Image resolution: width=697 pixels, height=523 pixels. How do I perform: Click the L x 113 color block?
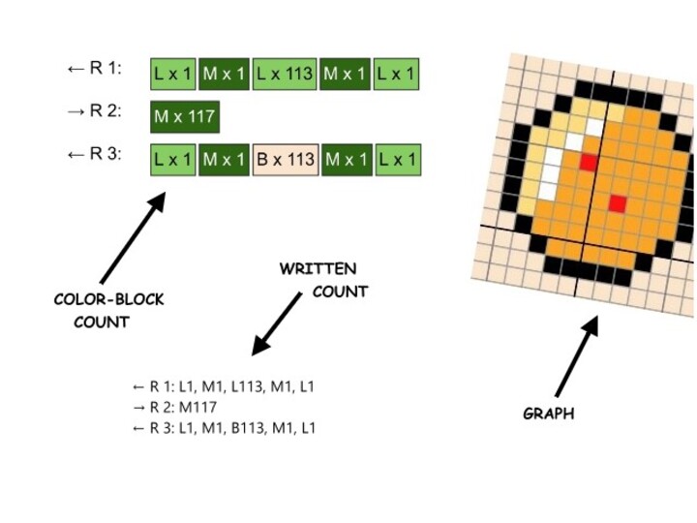(286, 73)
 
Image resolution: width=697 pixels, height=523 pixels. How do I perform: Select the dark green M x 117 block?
(185, 117)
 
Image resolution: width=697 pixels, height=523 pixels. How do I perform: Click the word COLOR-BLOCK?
(108, 300)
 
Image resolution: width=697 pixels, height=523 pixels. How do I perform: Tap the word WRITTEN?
(318, 268)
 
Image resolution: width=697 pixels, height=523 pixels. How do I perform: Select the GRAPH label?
(548, 414)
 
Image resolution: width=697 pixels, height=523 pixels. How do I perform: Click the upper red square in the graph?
(587, 163)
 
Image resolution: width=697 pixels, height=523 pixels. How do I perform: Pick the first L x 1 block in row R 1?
(173, 73)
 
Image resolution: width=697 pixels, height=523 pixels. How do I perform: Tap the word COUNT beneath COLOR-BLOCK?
(102, 322)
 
